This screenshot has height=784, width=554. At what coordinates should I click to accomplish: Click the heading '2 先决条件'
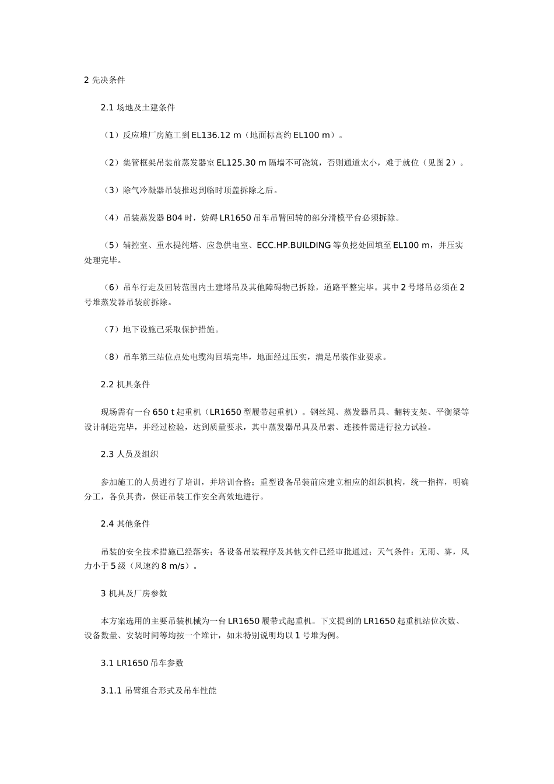104,80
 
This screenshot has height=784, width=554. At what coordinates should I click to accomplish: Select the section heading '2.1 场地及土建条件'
138,107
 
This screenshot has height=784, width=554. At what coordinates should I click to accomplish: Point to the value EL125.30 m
241,163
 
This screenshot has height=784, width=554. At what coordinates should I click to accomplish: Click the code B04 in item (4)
174,218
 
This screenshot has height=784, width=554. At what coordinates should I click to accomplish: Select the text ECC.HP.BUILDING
293,245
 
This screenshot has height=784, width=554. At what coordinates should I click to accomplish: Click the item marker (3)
111,190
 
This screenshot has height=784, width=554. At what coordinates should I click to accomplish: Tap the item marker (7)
111,330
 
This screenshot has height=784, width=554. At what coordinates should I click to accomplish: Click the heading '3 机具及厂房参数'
134,593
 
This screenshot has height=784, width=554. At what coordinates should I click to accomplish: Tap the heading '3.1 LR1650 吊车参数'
142,663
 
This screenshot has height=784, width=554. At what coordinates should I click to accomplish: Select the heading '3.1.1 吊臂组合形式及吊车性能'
158,691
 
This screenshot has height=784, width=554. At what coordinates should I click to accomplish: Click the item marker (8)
111,357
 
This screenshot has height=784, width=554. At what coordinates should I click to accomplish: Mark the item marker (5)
111,245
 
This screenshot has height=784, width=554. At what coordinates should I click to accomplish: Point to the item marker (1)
111,135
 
